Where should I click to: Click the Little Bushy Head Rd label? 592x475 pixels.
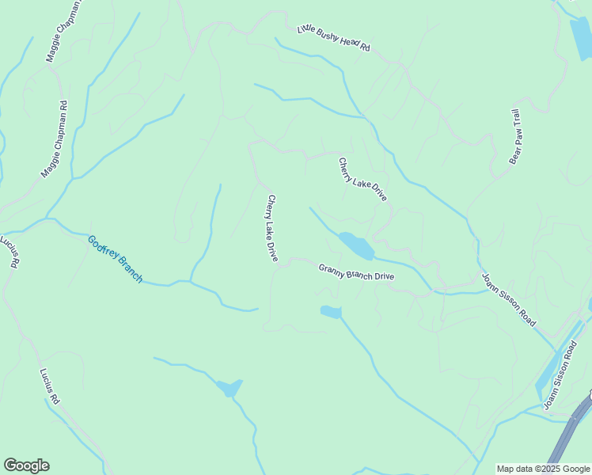[x=333, y=39]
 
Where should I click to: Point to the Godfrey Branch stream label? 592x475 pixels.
[x=116, y=259]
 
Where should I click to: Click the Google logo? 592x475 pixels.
[x=26, y=465]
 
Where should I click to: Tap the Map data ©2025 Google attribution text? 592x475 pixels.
[x=542, y=469]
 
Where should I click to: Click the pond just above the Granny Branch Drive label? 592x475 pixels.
[x=355, y=245]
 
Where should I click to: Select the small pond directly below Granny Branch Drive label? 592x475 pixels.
[x=331, y=312]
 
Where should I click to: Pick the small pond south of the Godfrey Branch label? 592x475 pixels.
[x=230, y=387]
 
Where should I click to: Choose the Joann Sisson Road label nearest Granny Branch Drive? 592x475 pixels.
[x=509, y=300]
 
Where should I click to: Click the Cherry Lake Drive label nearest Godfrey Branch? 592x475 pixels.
[x=272, y=229]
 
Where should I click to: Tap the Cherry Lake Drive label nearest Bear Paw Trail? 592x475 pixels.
[x=362, y=180]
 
